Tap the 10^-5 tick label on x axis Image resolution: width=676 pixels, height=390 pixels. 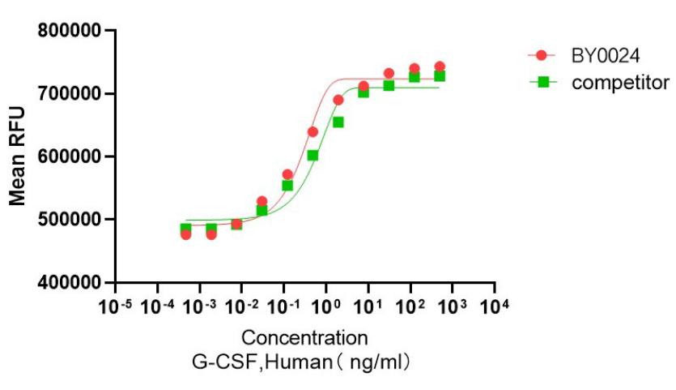[116, 306]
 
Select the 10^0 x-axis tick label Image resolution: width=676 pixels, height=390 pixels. [325, 306]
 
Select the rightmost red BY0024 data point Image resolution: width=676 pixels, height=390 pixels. [440, 67]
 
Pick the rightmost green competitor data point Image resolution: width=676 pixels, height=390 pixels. [440, 76]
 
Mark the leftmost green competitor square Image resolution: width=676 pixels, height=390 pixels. [185, 229]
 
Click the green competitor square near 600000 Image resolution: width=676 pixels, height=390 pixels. [312, 156]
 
